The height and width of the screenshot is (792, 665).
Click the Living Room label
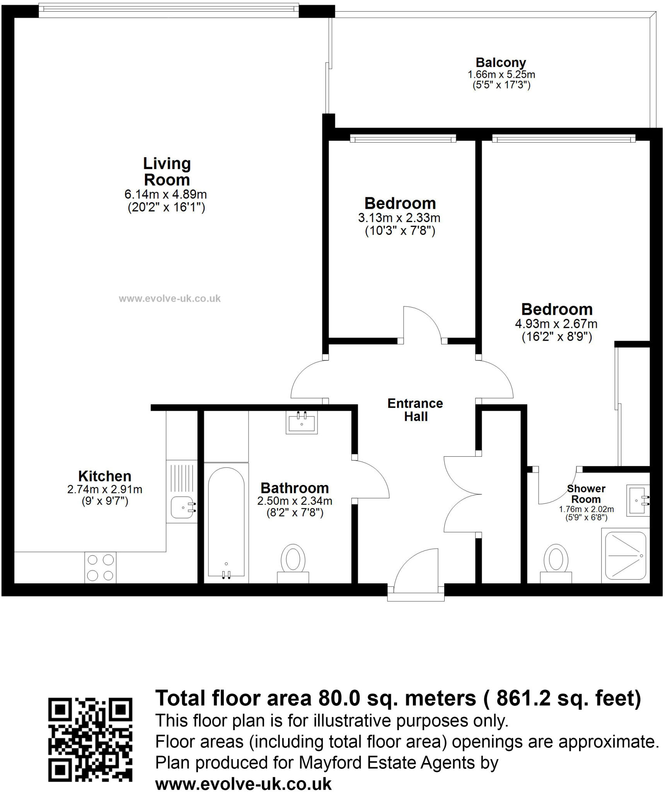[x=167, y=171]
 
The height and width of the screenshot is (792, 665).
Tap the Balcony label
[x=501, y=62]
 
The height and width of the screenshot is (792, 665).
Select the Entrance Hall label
[x=415, y=410]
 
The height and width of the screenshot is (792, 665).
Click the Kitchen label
[x=105, y=476]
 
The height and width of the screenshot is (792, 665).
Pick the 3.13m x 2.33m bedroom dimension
[x=399, y=218]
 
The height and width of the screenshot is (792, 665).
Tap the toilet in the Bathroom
[x=293, y=563]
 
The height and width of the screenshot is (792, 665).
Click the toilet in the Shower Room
[x=556, y=563]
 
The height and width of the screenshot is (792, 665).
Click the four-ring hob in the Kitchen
[x=100, y=567]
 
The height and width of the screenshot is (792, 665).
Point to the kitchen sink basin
[x=183, y=507]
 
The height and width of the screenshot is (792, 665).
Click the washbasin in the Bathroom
[x=302, y=422]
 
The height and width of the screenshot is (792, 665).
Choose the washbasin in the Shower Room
[x=638, y=500]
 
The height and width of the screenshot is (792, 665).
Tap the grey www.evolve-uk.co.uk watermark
[x=170, y=299]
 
